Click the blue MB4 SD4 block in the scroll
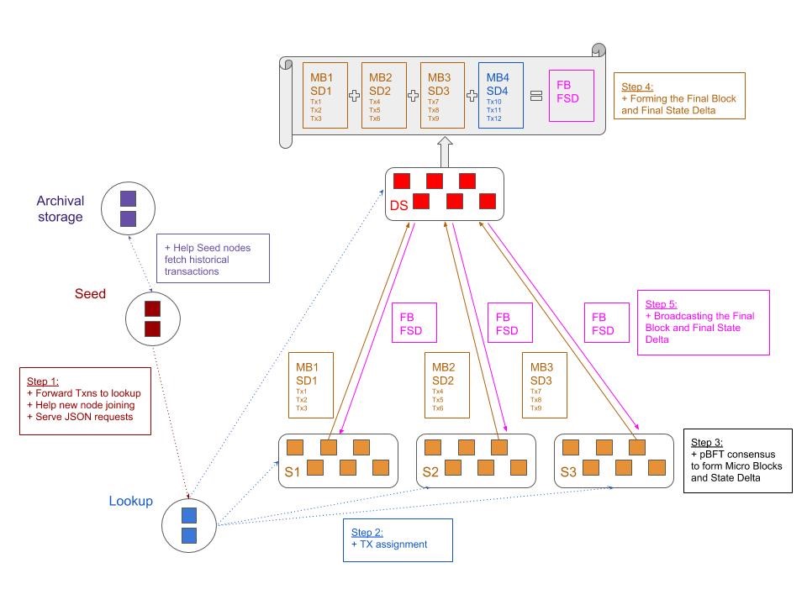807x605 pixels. (501, 95)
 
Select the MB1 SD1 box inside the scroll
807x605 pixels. (325, 95)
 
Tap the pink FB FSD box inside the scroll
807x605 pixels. (572, 96)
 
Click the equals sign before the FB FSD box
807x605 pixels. (536, 96)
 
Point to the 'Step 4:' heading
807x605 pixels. (637, 87)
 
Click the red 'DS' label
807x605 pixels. (398, 206)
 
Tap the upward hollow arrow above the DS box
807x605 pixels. (446, 152)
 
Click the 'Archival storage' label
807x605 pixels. (61, 208)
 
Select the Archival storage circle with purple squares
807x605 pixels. (128, 208)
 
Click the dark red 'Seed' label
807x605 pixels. (90, 294)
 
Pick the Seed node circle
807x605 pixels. (153, 319)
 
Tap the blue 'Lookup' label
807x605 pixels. (131, 501)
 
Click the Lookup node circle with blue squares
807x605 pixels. (189, 525)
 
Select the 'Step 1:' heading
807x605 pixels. (43, 381)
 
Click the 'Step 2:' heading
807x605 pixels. (367, 533)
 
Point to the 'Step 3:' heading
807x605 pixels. (707, 443)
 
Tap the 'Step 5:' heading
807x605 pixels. (661, 304)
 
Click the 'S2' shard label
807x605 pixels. (430, 472)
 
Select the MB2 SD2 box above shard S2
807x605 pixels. (447, 386)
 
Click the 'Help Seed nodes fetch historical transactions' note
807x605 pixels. (213, 259)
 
